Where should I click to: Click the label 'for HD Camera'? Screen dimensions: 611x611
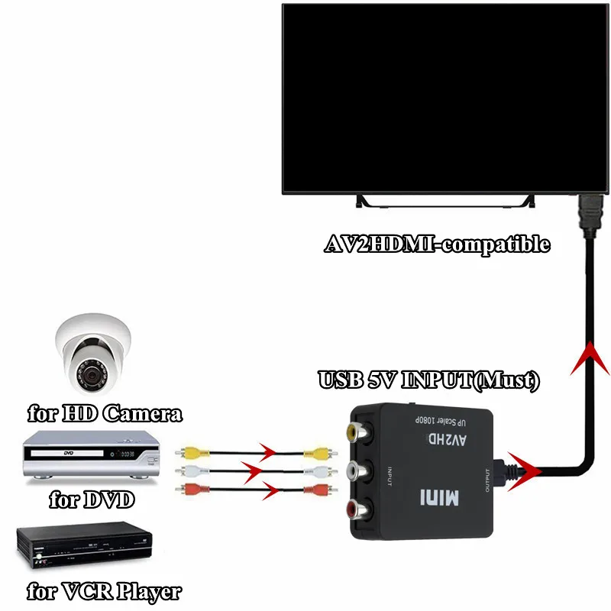tap(105, 415)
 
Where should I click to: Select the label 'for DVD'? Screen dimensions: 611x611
tap(91, 501)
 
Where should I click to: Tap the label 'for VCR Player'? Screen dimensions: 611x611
tap(104, 590)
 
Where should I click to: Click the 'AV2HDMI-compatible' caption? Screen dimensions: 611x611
tap(438, 244)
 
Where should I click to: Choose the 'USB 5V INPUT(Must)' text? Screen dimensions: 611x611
tap(428, 380)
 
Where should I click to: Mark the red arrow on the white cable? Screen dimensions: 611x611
tap(252, 467)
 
